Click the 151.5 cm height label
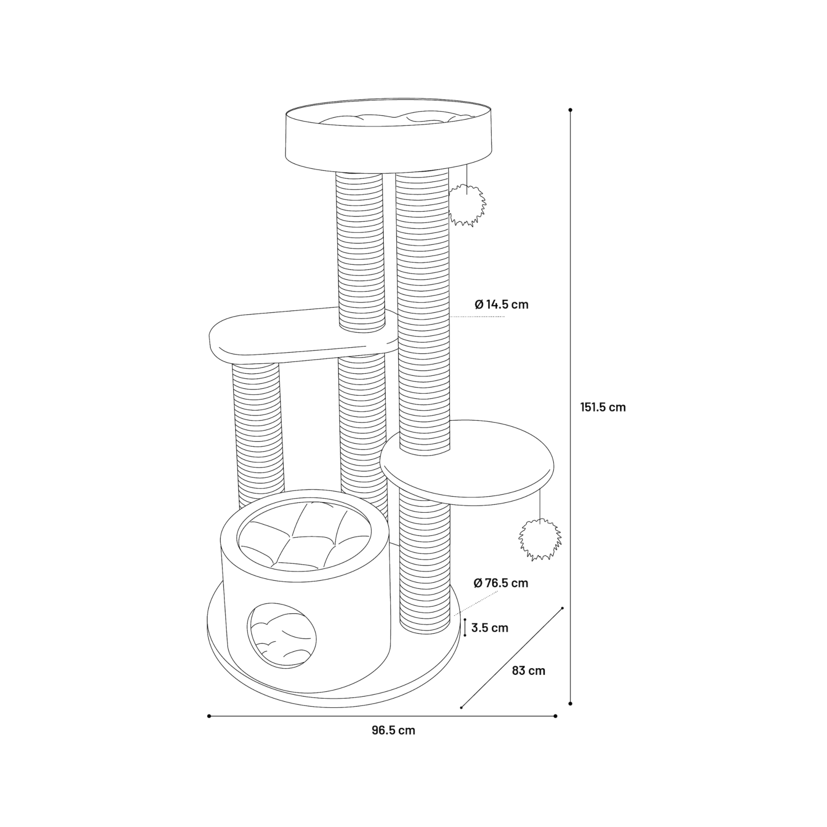point(603,407)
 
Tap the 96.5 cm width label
point(393,730)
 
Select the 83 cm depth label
point(528,671)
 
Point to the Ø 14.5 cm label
point(501,304)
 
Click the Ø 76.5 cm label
point(501,583)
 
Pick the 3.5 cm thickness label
point(490,628)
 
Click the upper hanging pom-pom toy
point(467,206)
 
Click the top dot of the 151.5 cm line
point(570,110)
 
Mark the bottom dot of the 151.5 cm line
point(570,703)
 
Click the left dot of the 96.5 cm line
point(209,716)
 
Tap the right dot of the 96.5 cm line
point(556,716)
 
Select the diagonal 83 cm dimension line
point(512,657)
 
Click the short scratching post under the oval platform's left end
point(258,433)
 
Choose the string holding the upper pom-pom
point(466,179)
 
